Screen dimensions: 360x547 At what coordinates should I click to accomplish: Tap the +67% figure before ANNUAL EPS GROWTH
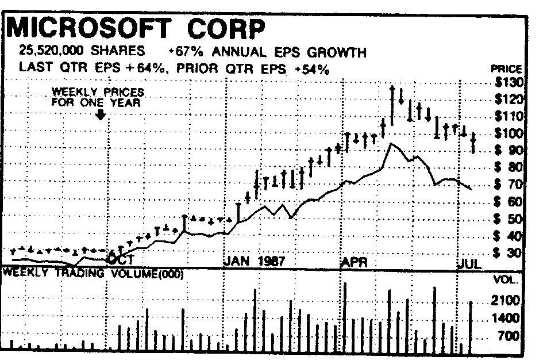pyautogui.click(x=182, y=52)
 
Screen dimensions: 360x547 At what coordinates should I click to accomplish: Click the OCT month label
pyautogui.click(x=121, y=260)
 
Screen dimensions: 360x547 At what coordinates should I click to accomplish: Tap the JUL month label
pyautogui.click(x=469, y=264)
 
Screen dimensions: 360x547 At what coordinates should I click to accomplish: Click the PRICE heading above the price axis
pyautogui.click(x=506, y=68)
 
